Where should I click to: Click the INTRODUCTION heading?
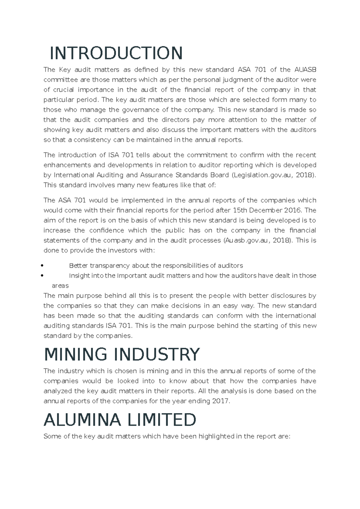(116, 53)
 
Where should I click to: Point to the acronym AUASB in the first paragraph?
(305, 70)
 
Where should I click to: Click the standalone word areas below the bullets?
(60, 286)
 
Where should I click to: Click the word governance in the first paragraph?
(130, 110)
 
